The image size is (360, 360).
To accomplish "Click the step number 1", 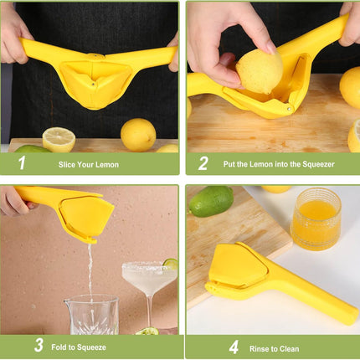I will [21, 163].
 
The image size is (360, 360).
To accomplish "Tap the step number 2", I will [202, 163].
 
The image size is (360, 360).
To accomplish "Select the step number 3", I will [39, 345].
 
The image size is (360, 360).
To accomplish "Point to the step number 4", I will [234, 346].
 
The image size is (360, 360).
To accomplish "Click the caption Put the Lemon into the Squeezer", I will [278, 164].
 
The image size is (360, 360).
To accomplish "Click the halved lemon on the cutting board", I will [59, 139].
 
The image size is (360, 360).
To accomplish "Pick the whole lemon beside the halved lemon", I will [138, 134].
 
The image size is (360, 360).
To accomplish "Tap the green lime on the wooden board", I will [211, 201].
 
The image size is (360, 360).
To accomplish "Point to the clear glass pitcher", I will [90, 315].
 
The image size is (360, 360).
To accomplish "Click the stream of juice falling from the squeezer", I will [90, 268].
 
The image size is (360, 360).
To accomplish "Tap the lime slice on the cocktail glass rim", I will [171, 265].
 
